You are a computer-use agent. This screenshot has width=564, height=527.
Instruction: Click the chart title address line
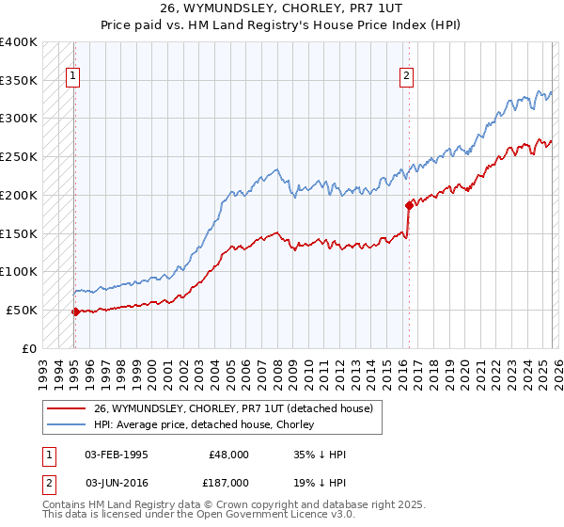pos(281,8)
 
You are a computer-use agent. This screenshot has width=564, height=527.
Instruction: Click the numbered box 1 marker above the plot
pos(73,77)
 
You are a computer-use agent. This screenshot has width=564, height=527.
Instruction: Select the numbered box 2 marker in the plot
pos(407,77)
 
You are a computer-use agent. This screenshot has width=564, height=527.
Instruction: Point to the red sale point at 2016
pos(409,204)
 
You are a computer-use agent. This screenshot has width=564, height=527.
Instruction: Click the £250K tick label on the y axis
pos(19,156)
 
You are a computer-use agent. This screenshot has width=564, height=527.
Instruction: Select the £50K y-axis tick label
pos(23,310)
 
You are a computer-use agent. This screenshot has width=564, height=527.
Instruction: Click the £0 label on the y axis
pos(30,348)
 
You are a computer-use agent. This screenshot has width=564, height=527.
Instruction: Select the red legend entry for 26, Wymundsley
pos(233,407)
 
